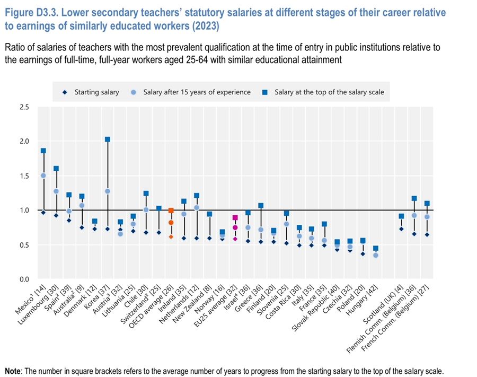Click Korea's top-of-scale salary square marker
[x=108, y=139]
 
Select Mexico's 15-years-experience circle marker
[x=43, y=176]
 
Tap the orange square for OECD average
[x=171, y=211]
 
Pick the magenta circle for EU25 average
[x=235, y=227]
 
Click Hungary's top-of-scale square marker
[x=376, y=248]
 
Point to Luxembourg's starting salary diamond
[x=56, y=215]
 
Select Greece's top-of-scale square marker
[x=261, y=206]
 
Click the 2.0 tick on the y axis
[x=24, y=142]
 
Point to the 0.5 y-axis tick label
[x=24, y=245]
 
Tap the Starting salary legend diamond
[x=65, y=92]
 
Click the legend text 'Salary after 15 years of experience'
[x=197, y=92]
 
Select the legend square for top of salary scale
[x=265, y=92]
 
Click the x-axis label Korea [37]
[x=94, y=297]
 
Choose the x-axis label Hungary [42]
[x=362, y=300]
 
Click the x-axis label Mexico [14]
[x=30, y=299]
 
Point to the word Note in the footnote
[x=13, y=371]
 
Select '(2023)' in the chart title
[x=205, y=26]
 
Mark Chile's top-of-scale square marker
[x=146, y=194]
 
